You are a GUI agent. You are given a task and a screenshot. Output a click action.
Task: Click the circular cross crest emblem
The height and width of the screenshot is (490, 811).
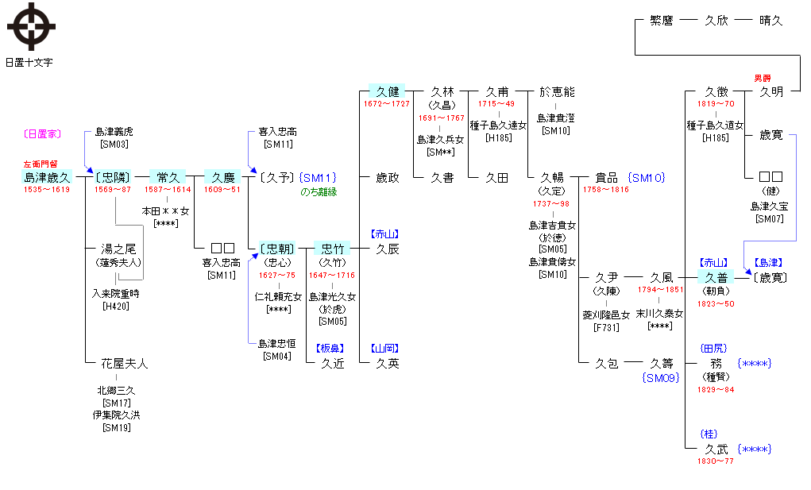[31, 27]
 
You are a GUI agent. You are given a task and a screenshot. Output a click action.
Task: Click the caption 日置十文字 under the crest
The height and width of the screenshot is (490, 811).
[29, 62]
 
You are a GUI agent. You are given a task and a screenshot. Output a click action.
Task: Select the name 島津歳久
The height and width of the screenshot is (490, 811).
[48, 177]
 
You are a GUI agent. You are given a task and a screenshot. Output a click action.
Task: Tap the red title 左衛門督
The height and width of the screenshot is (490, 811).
[41, 164]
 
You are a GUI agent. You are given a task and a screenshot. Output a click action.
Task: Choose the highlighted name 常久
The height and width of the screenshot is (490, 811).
[168, 177]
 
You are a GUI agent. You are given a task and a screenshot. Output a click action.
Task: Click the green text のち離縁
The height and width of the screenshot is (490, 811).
[319, 191]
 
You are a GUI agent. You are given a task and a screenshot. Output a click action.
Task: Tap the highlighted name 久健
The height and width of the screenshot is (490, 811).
[388, 92]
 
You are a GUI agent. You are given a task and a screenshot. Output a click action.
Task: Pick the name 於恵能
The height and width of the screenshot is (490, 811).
[556, 92]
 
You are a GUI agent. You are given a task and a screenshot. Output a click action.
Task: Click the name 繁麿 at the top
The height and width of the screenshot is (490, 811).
[662, 21]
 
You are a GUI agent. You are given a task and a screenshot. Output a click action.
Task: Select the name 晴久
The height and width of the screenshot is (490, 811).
[770, 21]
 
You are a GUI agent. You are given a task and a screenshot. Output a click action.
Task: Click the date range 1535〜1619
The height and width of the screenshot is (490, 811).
[47, 190]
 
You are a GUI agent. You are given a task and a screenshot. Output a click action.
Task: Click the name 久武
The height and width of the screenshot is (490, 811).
[716, 449]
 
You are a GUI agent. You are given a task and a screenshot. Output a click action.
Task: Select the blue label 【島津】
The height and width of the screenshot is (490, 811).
[766, 262]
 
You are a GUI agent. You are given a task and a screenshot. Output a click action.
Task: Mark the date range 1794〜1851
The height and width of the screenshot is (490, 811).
[660, 290]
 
